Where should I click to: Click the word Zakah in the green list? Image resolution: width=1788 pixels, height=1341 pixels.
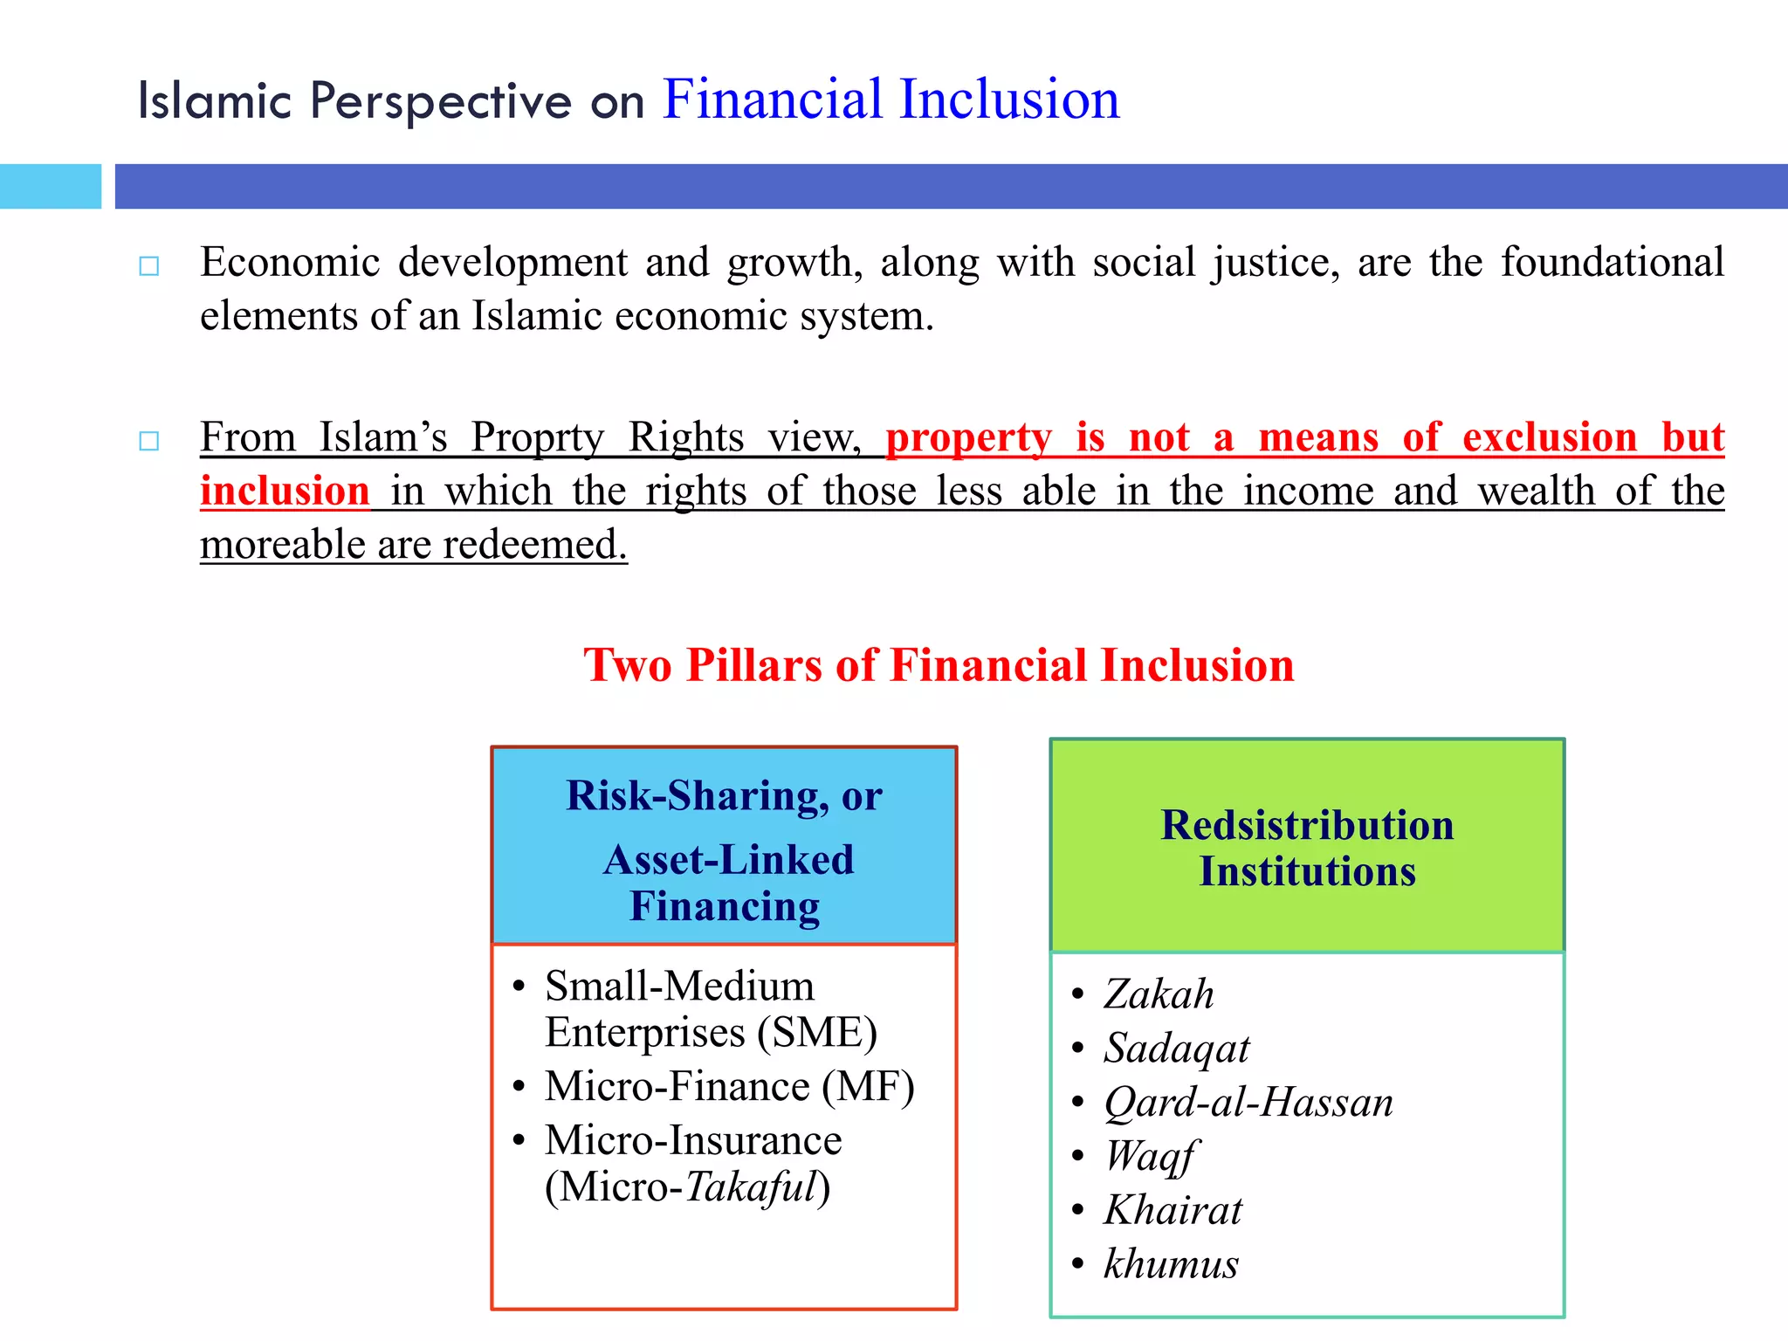1159,994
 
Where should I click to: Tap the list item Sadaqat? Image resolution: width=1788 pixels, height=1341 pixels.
1176,1049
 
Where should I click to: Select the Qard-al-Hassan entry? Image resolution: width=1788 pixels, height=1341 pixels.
1248,1103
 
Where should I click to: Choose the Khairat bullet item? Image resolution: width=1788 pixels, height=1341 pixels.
1173,1211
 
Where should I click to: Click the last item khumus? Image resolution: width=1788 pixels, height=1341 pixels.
1171,1264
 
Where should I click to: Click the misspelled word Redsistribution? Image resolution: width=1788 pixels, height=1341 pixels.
1307,825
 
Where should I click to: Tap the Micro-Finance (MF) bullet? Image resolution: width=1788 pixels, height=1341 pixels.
729,1087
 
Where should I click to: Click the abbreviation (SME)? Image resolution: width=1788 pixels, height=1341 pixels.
817,1033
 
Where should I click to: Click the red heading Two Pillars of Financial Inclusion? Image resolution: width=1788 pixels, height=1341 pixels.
939,665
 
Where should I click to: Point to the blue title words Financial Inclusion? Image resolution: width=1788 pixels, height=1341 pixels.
891,99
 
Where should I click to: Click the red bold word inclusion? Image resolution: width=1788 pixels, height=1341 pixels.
285,491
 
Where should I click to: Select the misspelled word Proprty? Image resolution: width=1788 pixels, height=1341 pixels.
537,437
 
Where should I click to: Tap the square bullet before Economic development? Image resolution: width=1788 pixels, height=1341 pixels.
149,265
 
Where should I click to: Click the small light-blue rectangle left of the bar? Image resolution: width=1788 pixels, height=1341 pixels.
51,186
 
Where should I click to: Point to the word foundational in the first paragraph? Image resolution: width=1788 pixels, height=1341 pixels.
1612,263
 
